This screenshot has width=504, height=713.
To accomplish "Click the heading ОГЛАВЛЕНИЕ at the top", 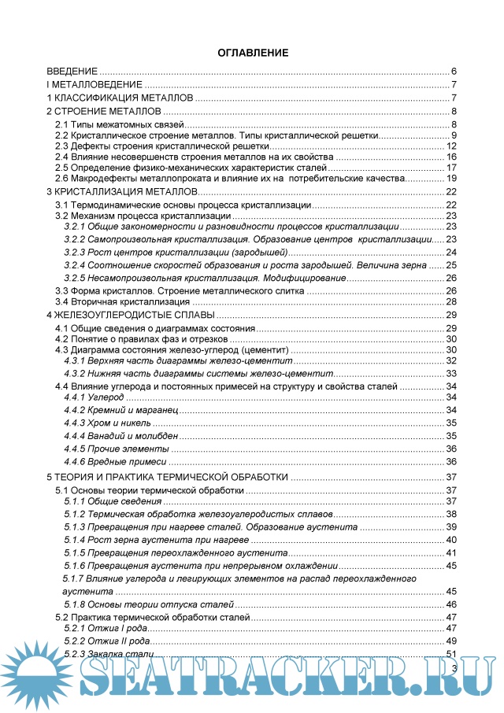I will (x=252, y=53).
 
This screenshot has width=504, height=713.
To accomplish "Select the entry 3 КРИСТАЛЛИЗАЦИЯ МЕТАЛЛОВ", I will (x=120, y=192).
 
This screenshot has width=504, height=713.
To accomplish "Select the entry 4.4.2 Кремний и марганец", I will (x=122, y=410).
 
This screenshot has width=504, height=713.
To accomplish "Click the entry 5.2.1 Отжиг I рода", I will (x=106, y=628).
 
